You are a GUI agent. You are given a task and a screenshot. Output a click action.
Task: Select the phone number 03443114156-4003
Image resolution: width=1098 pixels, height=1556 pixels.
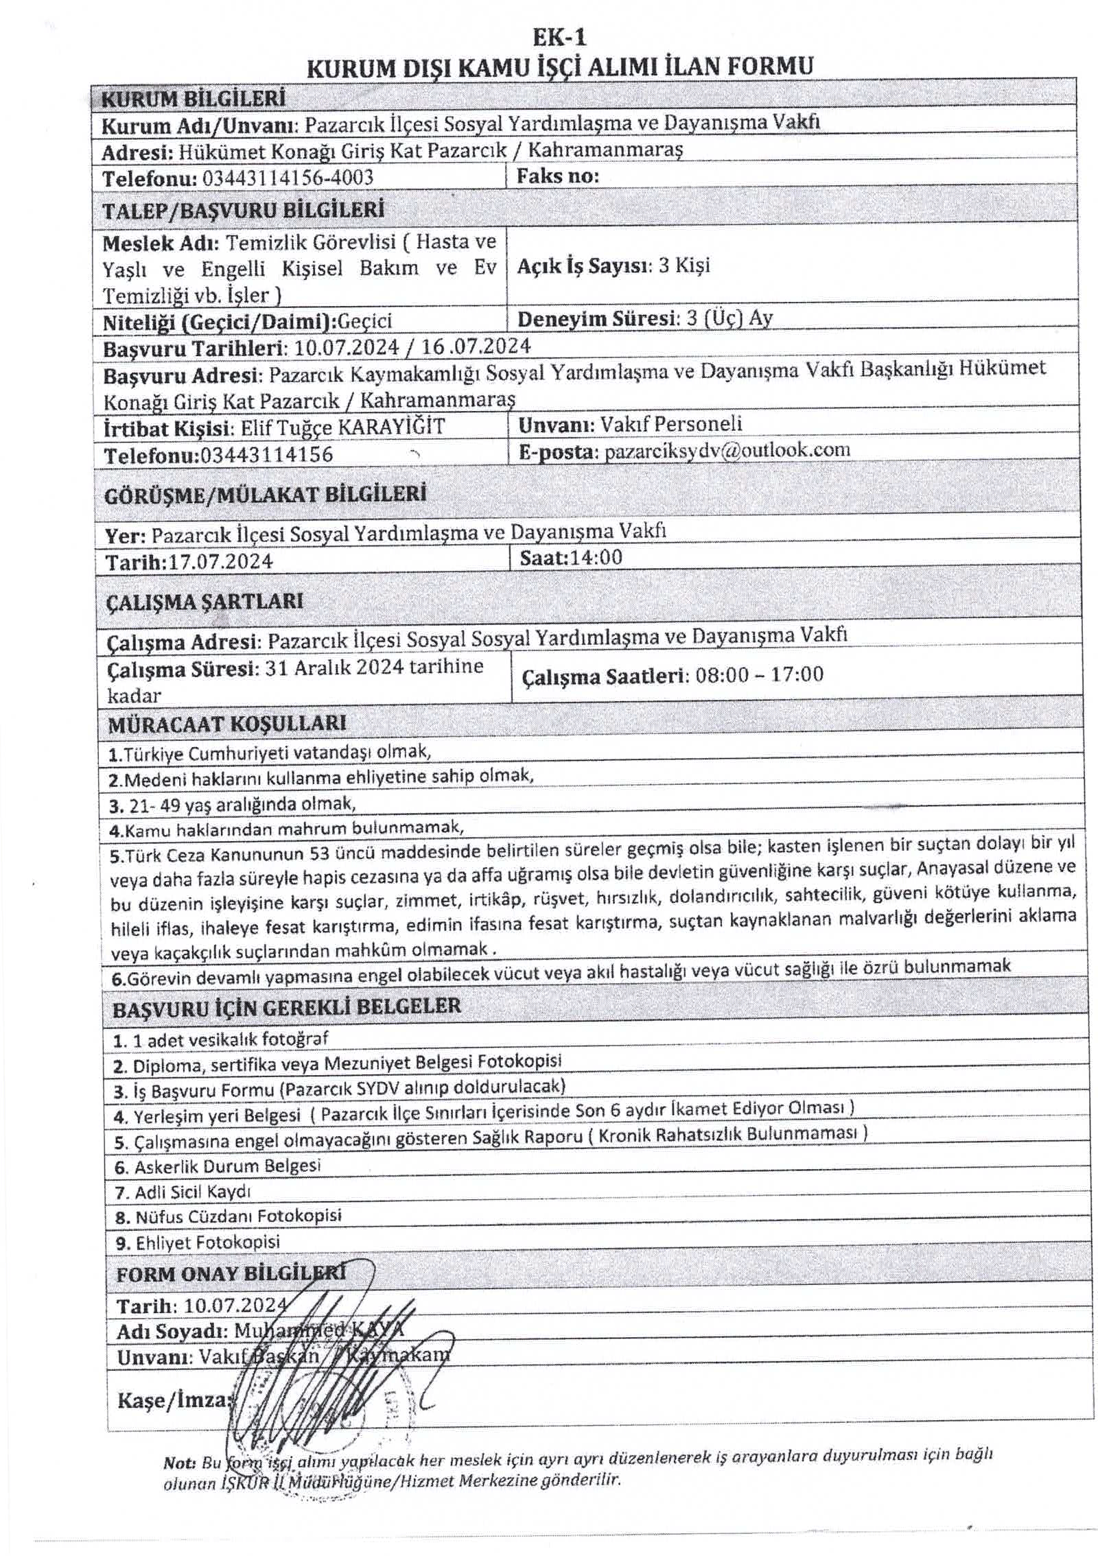[x=288, y=178]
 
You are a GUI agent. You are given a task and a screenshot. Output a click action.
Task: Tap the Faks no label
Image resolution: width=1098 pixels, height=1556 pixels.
[x=557, y=176]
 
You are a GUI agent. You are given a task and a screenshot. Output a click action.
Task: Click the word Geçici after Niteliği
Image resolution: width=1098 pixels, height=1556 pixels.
[x=365, y=321]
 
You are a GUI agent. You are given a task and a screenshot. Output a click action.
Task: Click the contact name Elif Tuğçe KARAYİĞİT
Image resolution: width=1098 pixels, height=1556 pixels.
[x=342, y=427]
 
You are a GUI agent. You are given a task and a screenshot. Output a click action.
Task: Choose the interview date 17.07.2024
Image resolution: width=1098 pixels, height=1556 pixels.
[x=221, y=562]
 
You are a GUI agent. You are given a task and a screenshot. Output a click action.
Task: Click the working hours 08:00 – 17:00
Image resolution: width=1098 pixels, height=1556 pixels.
[x=759, y=674]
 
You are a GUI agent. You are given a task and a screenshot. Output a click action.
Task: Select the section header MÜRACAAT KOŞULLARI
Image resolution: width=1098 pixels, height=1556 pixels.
[x=227, y=723]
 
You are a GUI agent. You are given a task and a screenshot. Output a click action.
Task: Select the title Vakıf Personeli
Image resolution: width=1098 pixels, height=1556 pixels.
[x=670, y=424]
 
